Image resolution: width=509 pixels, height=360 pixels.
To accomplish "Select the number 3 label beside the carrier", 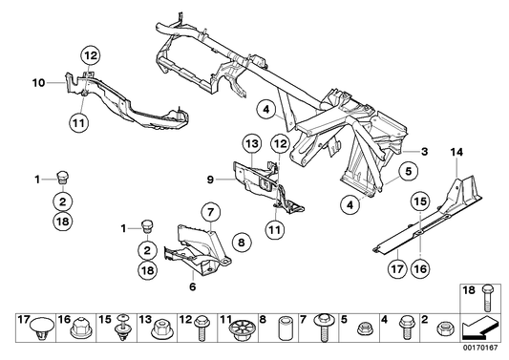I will point(424,151).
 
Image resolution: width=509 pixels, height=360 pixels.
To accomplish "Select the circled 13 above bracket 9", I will point(250,143).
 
